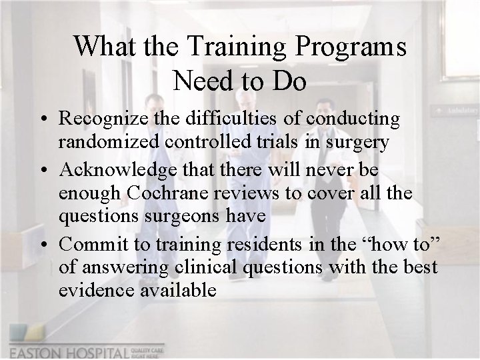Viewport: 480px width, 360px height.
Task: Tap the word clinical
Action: tap(190, 268)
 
